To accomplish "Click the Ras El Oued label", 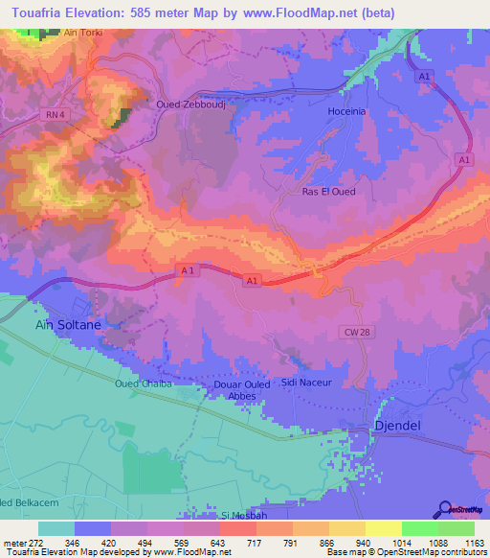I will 328,192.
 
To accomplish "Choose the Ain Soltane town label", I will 68,325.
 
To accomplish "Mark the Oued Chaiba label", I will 142,384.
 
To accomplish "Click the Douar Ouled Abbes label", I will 234,391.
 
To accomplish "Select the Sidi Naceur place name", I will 306,383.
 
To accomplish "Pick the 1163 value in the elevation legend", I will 473,542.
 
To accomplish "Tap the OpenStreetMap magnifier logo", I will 446,508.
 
